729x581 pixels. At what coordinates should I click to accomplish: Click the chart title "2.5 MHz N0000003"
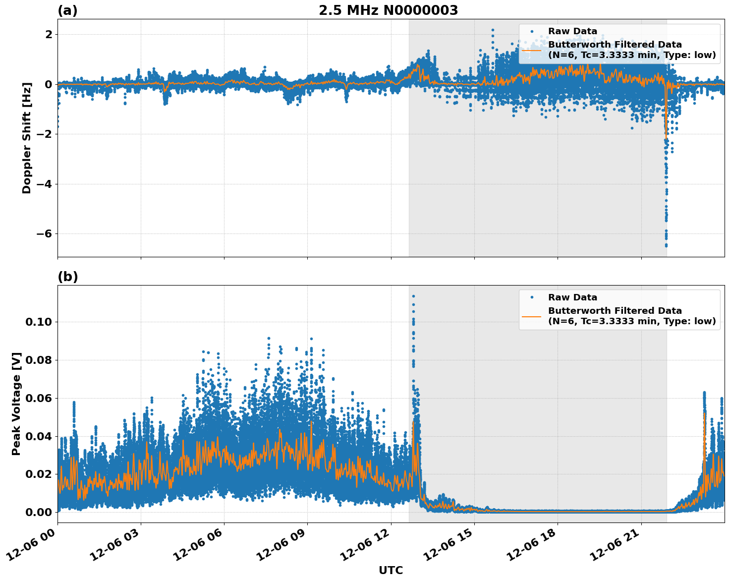coord(388,10)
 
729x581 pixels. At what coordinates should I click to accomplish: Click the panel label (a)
coord(67,10)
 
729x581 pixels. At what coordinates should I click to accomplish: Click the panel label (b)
coord(67,277)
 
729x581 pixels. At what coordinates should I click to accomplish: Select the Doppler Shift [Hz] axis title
coord(27,138)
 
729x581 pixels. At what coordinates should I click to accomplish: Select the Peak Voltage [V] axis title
coord(16,404)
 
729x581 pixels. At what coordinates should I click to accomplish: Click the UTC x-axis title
coord(391,570)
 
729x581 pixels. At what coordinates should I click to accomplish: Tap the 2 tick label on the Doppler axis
coord(49,34)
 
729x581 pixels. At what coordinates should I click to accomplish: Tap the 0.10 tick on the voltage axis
coord(38,322)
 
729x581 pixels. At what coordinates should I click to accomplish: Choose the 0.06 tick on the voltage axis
coord(38,398)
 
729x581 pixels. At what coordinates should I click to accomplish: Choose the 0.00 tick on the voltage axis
coord(38,512)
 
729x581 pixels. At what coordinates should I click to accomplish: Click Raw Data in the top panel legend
coord(572,31)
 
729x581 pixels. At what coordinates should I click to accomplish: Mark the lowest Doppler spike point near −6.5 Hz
coord(666,245)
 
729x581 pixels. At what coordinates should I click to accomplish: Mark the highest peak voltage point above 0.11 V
coord(413,296)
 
